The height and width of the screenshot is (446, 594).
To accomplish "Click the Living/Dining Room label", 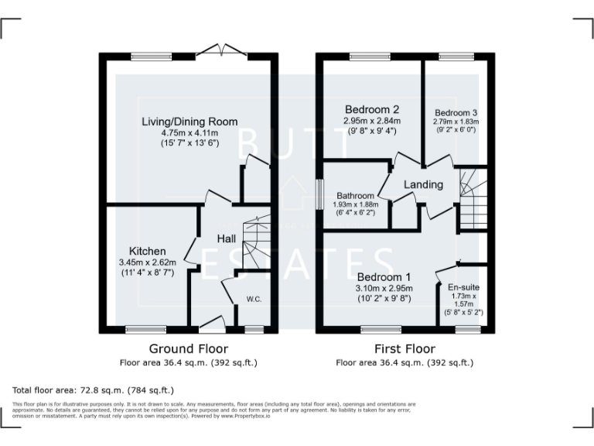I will tap(189, 122).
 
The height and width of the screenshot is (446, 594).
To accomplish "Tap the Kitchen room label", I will tap(147, 252).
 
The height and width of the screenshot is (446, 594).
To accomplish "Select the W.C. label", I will tap(254, 298).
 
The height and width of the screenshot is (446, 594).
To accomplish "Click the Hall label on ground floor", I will tap(226, 239).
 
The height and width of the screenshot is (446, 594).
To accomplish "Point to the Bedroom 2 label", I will tap(372, 109).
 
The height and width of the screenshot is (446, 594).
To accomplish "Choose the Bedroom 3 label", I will tap(456, 111).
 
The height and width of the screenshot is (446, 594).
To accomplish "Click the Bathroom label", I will tap(355, 195).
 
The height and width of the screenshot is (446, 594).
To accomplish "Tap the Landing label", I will tap(424, 184).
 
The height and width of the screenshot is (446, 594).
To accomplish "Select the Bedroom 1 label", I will tap(384, 276).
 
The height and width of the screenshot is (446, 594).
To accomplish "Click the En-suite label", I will tap(463, 286).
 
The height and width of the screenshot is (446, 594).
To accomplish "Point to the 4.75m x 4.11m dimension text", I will tap(189, 132).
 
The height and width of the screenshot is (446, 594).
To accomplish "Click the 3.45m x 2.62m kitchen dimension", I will tap(147, 263).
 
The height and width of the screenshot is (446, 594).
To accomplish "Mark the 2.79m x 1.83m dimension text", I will tap(456, 122).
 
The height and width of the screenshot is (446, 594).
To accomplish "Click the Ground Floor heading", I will tap(189, 349).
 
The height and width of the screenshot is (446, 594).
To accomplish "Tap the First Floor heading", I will tap(405, 349).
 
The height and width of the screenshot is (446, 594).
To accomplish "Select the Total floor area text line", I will tap(94, 390).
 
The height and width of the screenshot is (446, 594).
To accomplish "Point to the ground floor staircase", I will tap(253, 244).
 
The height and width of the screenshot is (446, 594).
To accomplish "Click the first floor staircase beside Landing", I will tap(471, 200).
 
